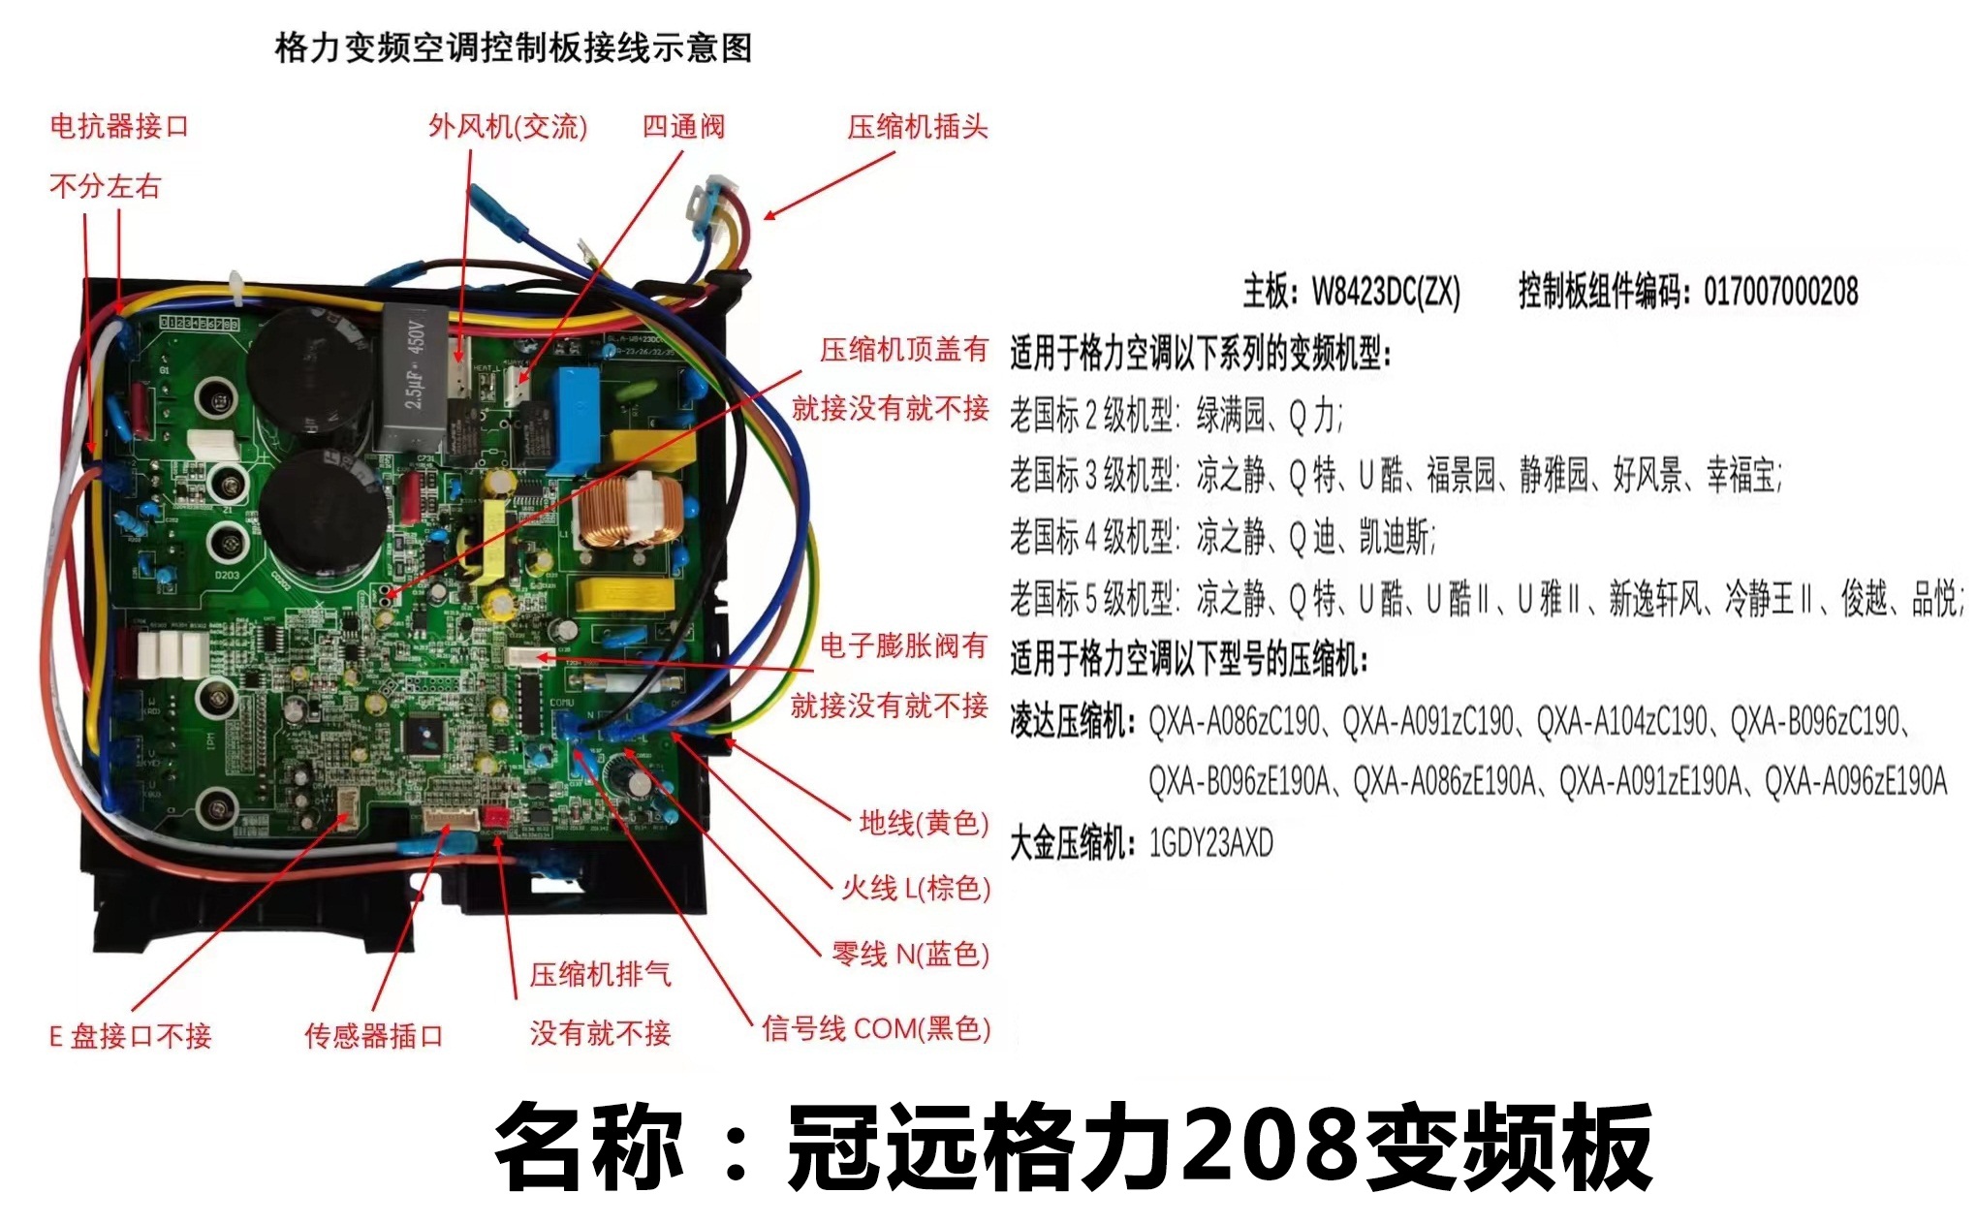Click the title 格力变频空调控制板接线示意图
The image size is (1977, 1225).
(x=513, y=47)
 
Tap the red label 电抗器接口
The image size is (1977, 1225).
(x=119, y=126)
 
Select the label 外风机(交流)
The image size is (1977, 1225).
(x=508, y=126)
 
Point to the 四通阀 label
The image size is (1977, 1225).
(x=683, y=126)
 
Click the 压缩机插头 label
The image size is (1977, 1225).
(x=917, y=126)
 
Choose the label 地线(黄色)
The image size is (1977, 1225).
(x=924, y=823)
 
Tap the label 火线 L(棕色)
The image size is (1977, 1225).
(x=916, y=888)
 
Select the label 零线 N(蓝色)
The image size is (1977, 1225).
(x=911, y=954)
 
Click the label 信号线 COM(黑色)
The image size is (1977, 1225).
(x=876, y=1028)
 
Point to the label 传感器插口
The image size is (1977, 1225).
(x=373, y=1035)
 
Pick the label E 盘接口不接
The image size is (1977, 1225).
(x=131, y=1035)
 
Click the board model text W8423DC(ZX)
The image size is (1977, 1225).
(x=1386, y=291)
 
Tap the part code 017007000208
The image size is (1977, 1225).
(x=1780, y=291)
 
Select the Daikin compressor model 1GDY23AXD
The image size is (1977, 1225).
(x=1210, y=843)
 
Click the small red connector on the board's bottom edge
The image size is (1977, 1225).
(x=495, y=817)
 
